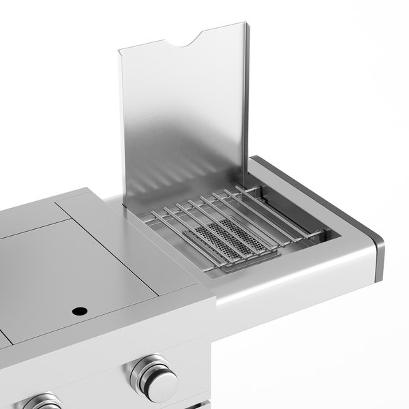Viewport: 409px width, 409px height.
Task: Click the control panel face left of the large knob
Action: pyautogui.click(x=89, y=368)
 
